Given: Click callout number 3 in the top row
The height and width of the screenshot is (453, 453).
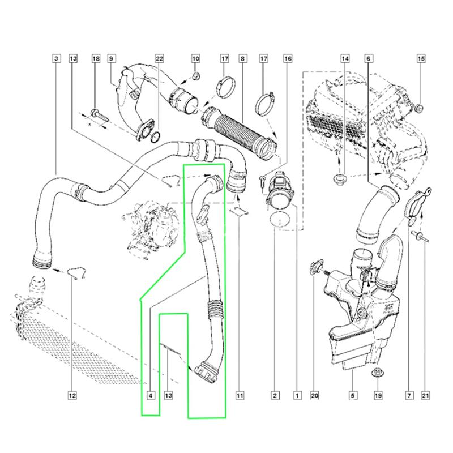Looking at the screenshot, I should (x=55, y=58).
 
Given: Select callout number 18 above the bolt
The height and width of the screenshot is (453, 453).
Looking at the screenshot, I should (x=95, y=58).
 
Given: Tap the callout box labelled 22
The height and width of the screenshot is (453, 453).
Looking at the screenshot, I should (x=159, y=58).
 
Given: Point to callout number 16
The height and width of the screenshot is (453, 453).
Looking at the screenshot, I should (x=288, y=58).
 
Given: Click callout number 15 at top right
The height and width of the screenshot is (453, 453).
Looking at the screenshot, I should (x=421, y=58).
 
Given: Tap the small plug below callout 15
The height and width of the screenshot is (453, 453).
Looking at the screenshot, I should (x=420, y=106).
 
